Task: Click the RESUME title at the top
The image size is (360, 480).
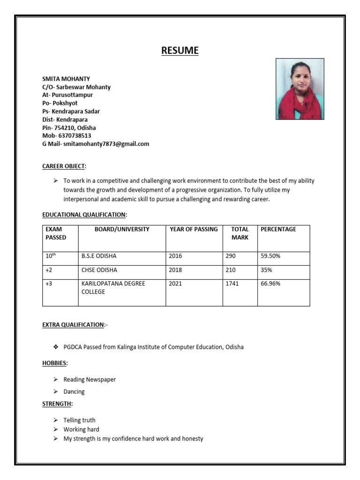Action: pyautogui.click(x=180, y=50)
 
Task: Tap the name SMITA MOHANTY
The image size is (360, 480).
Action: pyautogui.click(x=66, y=79)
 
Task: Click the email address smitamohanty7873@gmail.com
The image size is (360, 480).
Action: pyautogui.click(x=106, y=144)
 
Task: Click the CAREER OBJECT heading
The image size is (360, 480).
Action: pyautogui.click(x=64, y=166)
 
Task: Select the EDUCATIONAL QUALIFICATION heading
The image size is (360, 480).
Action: pyautogui.click(x=84, y=214)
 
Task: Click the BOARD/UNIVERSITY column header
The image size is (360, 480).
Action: pyautogui.click(x=122, y=229)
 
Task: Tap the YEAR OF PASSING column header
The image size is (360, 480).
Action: pyautogui.click(x=194, y=229)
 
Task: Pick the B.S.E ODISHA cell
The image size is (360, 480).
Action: pyautogui.click(x=99, y=256)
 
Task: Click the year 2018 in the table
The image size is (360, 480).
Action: pyautogui.click(x=175, y=270)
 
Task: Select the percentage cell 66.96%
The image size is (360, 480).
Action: pyautogui.click(x=270, y=284)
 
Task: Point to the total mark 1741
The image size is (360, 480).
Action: pyautogui.click(x=232, y=284)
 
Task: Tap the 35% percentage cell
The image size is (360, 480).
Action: pyautogui.click(x=266, y=270)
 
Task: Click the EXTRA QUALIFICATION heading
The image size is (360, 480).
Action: pyautogui.click(x=73, y=324)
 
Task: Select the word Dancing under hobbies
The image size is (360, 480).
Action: pyautogui.click(x=74, y=391)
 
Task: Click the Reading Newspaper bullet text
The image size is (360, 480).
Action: pyautogui.click(x=90, y=379)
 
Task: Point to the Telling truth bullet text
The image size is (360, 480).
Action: pyautogui.click(x=79, y=420)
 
